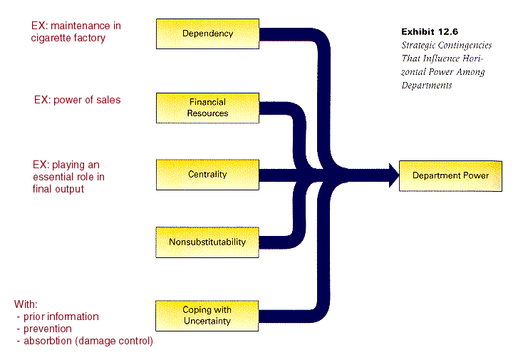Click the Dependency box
point(207,34)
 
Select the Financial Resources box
point(207,108)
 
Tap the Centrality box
point(207,175)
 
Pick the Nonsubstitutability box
point(207,242)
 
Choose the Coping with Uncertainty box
point(207,316)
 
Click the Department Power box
point(450,176)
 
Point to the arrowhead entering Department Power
point(394,175)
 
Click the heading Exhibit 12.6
point(430,32)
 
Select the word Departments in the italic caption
point(427,86)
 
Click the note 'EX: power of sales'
point(78,100)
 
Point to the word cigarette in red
point(51,38)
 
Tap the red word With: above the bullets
point(26,304)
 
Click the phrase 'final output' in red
point(58,189)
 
